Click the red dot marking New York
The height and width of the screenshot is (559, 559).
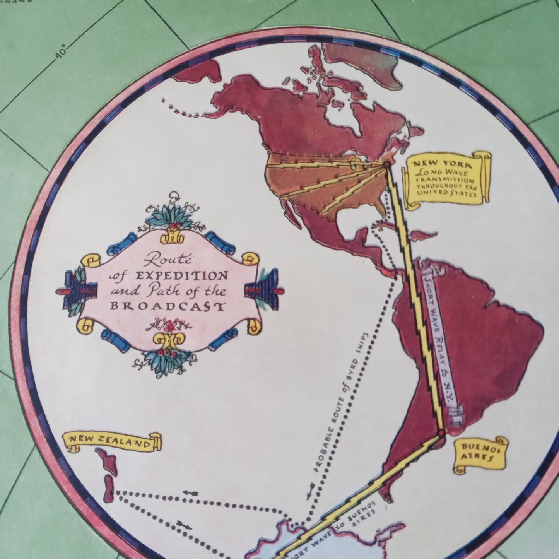click(386, 165)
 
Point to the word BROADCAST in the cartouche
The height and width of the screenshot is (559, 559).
click(167, 306)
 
